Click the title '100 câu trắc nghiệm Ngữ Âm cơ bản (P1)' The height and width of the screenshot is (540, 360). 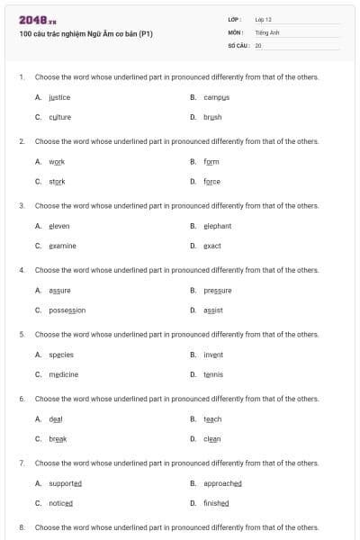[85, 34]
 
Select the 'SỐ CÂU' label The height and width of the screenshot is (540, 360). [238, 44]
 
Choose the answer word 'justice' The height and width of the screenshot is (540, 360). [59, 97]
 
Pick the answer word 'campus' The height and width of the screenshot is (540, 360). [217, 97]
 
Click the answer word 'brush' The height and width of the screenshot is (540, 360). [212, 117]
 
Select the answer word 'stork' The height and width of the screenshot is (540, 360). [57, 181]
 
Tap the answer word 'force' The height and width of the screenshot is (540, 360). [211, 181]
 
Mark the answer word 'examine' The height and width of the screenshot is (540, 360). [62, 246]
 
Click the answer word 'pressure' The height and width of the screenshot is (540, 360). [218, 290]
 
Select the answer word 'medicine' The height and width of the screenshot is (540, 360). [63, 374]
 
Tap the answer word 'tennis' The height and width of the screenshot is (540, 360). [213, 374]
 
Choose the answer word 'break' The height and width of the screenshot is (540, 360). [58, 438]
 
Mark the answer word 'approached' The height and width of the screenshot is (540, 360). [222, 483]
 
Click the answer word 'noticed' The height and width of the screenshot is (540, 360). [60, 503]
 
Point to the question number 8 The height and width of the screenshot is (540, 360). [22, 527]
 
